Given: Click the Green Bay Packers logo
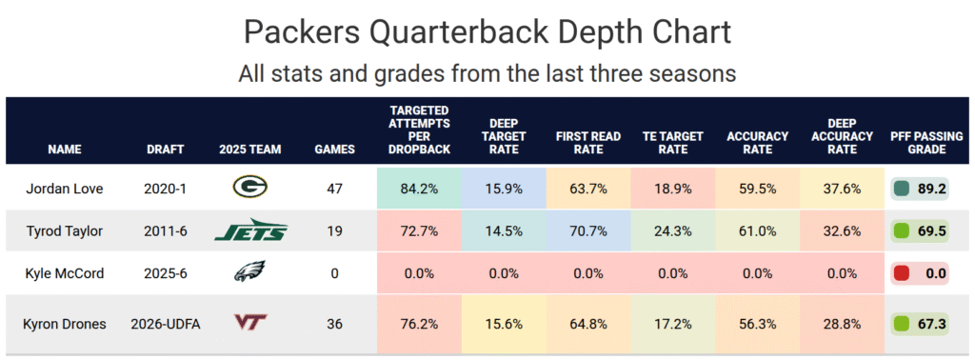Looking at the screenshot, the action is (x=250, y=187).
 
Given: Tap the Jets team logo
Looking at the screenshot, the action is (x=250, y=230).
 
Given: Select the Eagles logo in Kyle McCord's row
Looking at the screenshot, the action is (x=250, y=271).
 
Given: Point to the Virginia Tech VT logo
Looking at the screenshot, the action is (x=250, y=323).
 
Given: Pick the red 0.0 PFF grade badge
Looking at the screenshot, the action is (x=920, y=273).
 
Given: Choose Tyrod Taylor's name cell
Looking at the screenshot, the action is (x=65, y=231).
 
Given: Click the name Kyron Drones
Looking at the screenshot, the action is (x=65, y=324).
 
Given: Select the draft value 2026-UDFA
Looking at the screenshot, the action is (x=166, y=324).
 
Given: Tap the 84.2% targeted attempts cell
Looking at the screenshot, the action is (x=419, y=189).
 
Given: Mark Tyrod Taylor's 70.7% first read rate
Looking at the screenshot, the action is (x=588, y=231).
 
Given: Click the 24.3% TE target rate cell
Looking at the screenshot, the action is (x=673, y=231).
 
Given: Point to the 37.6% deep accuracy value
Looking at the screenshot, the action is (x=843, y=189).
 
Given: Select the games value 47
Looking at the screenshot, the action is (x=334, y=189).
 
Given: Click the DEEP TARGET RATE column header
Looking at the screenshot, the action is (x=504, y=135).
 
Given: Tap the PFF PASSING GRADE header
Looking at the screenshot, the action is (x=926, y=143).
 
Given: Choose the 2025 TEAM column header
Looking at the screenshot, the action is (x=250, y=150).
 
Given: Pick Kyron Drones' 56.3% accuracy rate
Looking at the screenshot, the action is (x=757, y=324).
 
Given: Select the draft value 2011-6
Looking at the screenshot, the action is (x=166, y=231).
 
